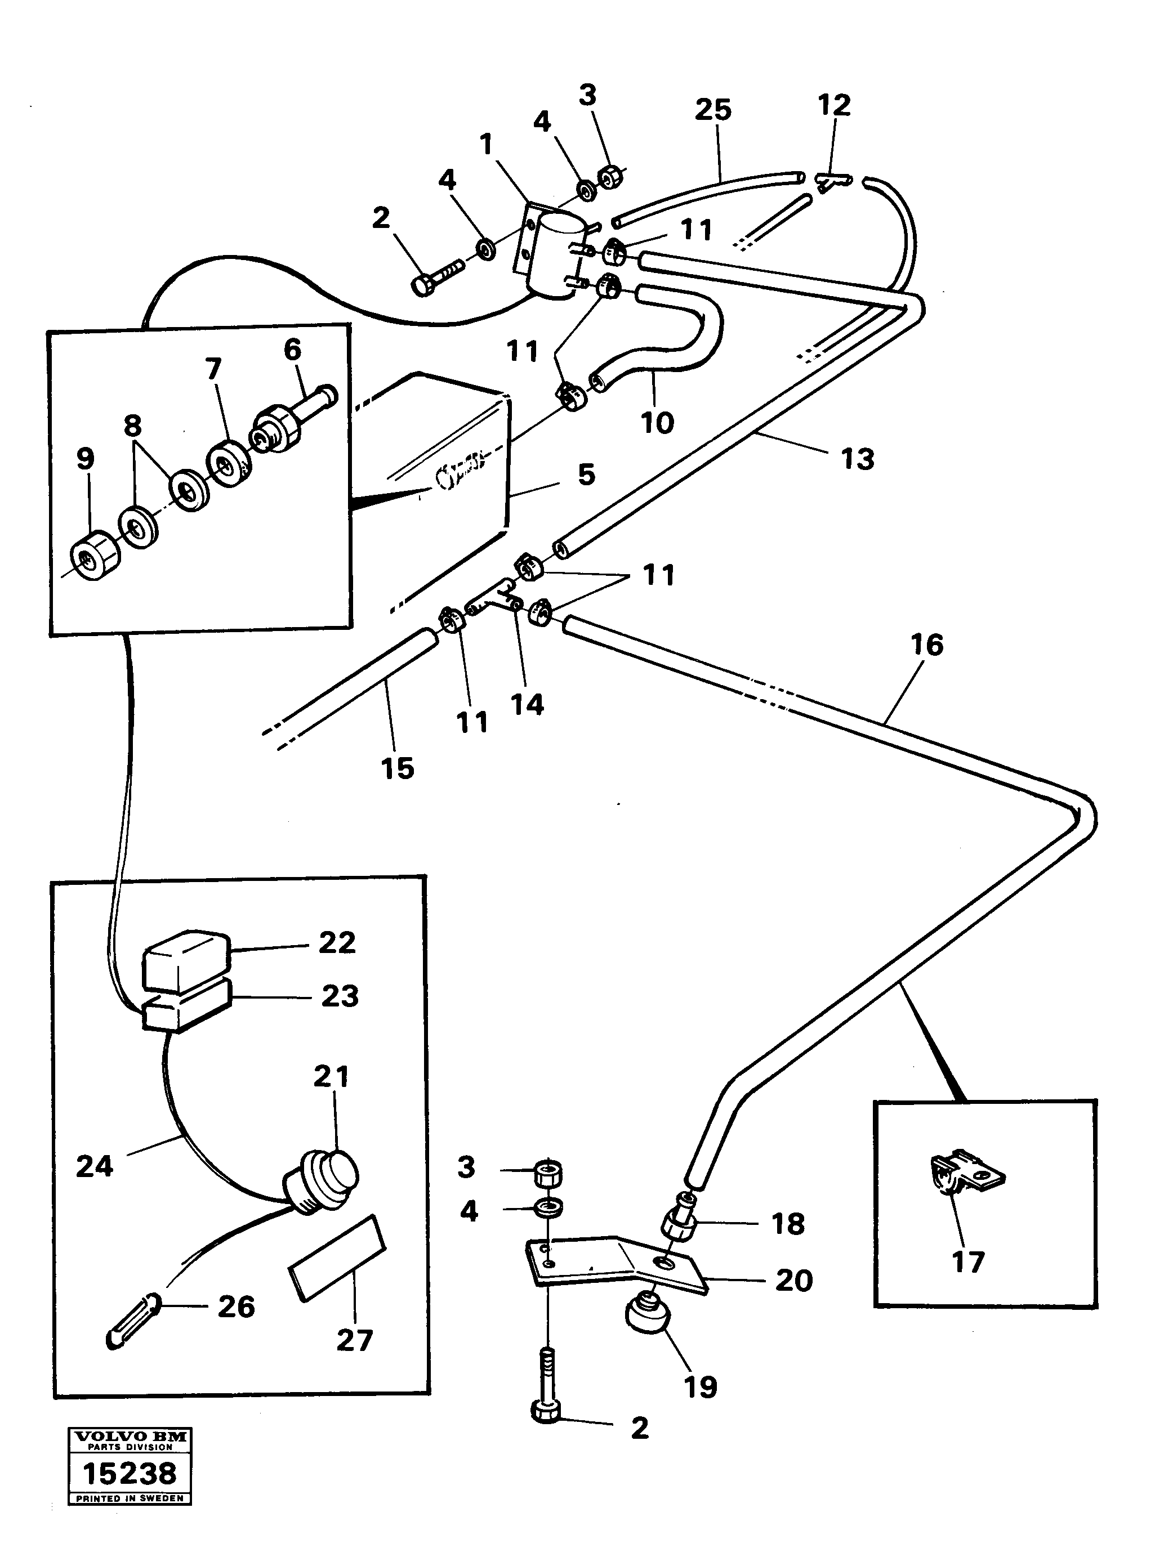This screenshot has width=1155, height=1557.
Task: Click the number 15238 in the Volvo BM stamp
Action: [130, 1474]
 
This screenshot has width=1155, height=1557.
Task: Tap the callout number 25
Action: [712, 110]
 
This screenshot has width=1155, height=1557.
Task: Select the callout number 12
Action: [833, 105]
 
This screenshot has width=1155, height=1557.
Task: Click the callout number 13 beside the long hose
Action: [857, 459]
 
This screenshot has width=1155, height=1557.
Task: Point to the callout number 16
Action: [927, 645]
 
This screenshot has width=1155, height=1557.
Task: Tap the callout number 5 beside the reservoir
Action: [587, 475]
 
